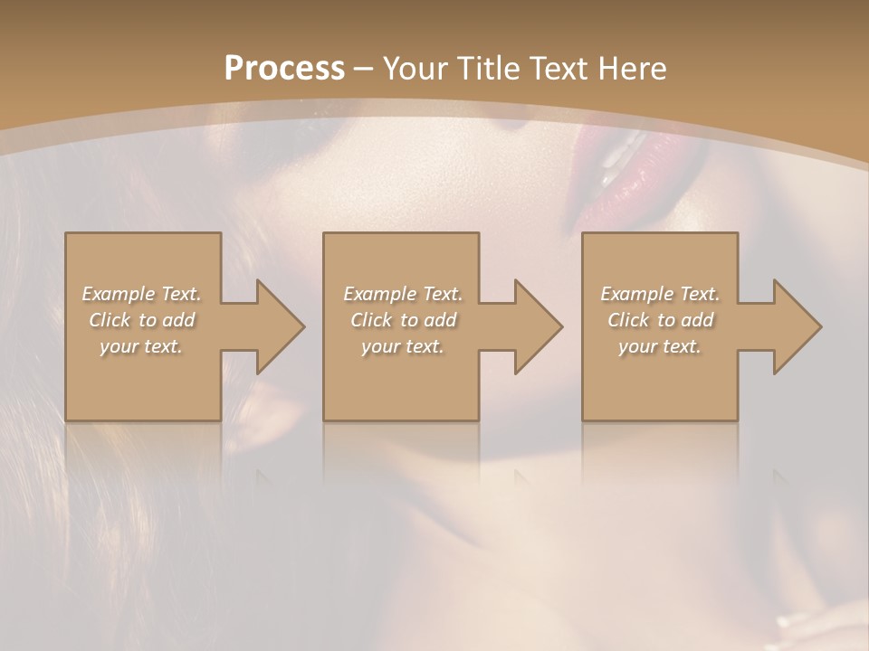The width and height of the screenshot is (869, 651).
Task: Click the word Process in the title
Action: point(284,68)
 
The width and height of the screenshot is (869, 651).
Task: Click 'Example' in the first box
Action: point(118,294)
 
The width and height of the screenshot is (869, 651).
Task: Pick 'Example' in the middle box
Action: point(378,294)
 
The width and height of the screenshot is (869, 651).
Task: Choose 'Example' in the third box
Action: point(636,294)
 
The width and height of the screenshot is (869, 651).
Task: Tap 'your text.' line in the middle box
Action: point(403,346)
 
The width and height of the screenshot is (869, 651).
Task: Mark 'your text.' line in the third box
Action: point(660,346)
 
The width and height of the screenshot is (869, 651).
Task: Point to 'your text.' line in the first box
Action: point(142,346)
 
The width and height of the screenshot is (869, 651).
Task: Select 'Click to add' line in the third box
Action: point(660,320)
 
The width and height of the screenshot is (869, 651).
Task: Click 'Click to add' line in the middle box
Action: point(403,320)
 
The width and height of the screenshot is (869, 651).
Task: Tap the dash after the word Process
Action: point(364,69)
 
